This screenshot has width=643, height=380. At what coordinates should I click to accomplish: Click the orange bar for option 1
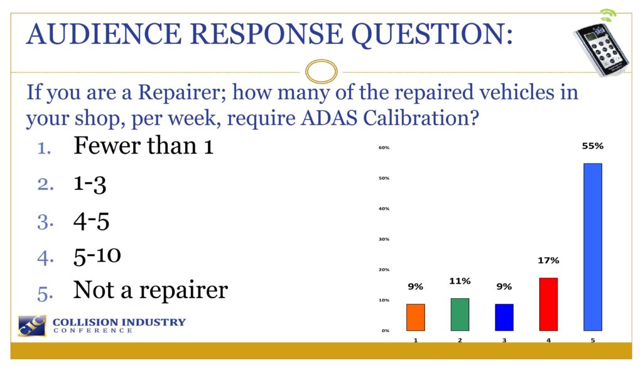coord(416,317)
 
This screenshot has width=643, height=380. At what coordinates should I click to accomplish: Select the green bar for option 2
coord(460,315)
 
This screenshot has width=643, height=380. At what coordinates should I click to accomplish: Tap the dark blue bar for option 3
coord(504,317)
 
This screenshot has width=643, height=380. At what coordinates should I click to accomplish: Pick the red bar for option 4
coord(548,305)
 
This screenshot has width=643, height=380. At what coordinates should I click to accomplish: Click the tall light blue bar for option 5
coord(593,247)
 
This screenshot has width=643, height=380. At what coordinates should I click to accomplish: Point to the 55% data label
coord(593,146)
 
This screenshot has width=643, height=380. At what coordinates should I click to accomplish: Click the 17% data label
coord(548,260)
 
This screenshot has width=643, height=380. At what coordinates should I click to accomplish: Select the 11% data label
coord(460,281)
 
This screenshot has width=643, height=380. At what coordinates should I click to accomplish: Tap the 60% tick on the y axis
coord(384,147)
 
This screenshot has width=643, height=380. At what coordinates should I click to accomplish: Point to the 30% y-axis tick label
coord(384,239)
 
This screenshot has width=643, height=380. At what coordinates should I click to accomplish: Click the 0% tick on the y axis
coord(386,330)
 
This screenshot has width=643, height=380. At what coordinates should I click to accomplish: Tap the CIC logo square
coord(32,326)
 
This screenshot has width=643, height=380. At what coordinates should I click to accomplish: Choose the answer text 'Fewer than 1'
coord(144,145)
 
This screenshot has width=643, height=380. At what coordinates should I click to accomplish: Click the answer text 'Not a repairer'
coord(151,290)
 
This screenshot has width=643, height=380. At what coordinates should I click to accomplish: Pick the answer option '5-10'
coord(97,255)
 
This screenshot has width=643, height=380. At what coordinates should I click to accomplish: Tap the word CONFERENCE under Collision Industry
coord(93,330)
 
